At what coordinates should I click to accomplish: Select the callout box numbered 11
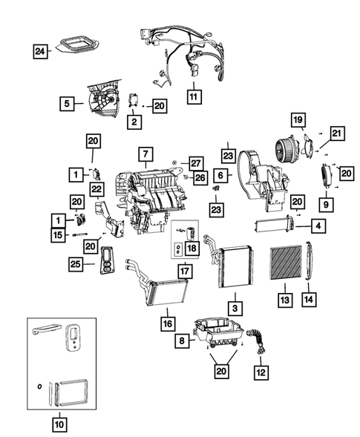193,96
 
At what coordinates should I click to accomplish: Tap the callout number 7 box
145,155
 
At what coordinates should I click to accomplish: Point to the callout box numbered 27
195,162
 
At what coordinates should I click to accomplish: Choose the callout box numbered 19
297,120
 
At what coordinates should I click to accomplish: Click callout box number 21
338,134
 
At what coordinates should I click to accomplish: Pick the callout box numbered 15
58,236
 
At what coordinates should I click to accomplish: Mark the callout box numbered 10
58,424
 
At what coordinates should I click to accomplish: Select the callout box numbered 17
183,271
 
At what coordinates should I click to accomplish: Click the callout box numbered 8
182,341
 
